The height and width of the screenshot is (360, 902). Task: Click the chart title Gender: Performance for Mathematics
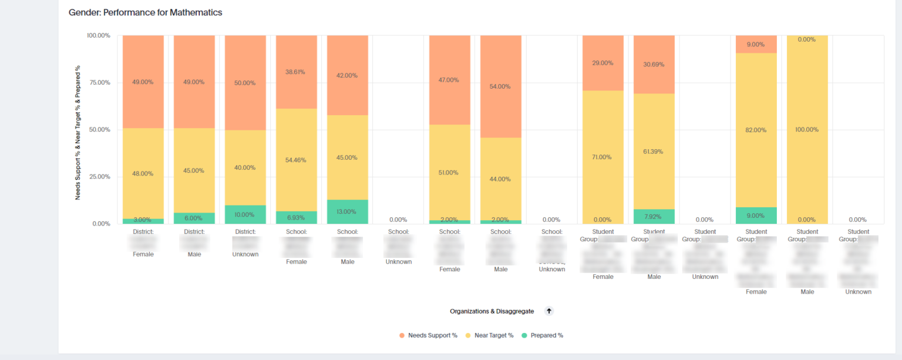coord(145,12)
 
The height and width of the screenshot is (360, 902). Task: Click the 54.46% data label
coord(296,160)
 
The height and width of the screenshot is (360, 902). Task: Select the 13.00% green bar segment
coord(347,212)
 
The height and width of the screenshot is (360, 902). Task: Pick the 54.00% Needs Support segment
coord(500,86)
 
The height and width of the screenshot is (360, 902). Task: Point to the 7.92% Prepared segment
coord(654,217)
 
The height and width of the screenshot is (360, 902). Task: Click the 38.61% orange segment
coord(296,72)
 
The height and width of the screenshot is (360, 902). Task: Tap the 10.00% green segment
coord(245,214)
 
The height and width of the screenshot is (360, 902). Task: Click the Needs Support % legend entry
coord(428,335)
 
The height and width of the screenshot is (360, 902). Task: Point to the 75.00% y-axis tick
coord(98,82)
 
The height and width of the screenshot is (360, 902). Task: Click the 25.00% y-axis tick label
coord(98,177)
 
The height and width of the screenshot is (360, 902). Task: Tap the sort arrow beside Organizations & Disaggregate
coord(549,311)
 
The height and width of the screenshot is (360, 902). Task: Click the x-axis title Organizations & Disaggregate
coord(492,311)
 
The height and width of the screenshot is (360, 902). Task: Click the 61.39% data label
coord(654,152)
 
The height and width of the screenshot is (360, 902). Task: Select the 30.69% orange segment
coord(654,64)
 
